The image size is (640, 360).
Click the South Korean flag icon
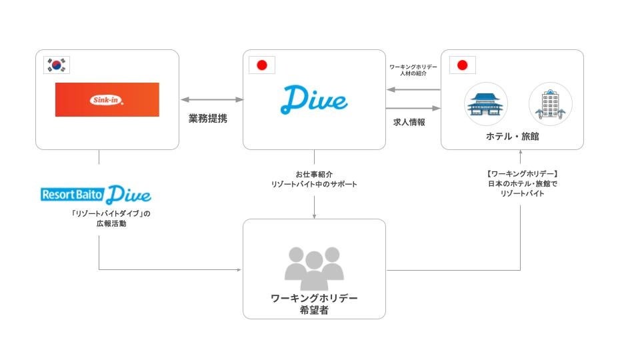pos(57,65)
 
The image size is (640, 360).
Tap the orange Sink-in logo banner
pos(107,99)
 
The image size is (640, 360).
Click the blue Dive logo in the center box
pos(314,99)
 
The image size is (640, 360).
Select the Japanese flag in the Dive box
pos(261,65)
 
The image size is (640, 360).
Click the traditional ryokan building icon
pos(485,104)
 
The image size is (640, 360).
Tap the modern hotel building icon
pos(551,104)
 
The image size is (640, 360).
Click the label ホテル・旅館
pos(513,137)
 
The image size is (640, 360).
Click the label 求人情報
pos(409,122)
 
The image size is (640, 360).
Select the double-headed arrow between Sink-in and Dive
pos(211,99)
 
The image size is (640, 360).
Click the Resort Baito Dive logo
pos(96,195)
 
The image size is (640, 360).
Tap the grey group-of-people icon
pos(314,264)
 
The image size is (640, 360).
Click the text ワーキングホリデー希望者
pos(314,304)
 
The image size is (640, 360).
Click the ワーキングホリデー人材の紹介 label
pos(413,71)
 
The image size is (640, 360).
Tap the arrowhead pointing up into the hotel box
pos(521,154)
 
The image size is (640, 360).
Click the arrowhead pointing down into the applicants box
pos(314,215)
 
